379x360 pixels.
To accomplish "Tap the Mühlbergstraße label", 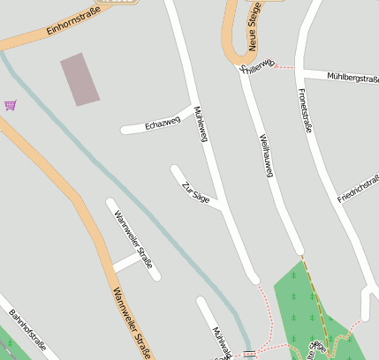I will point(352,79).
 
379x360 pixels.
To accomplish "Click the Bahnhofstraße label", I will point(27,329).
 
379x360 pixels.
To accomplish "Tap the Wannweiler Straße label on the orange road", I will point(130,322).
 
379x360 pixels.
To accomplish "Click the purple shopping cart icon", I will point(11,105).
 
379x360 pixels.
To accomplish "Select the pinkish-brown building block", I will point(80,79).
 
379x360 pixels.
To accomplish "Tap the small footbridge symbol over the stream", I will point(249,353).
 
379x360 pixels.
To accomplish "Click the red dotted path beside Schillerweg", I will point(285,67).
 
